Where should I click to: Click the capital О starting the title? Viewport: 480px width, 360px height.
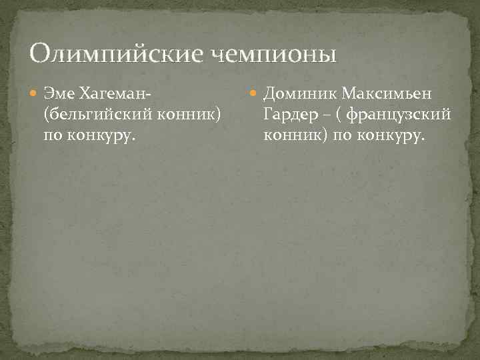coord(40,52)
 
